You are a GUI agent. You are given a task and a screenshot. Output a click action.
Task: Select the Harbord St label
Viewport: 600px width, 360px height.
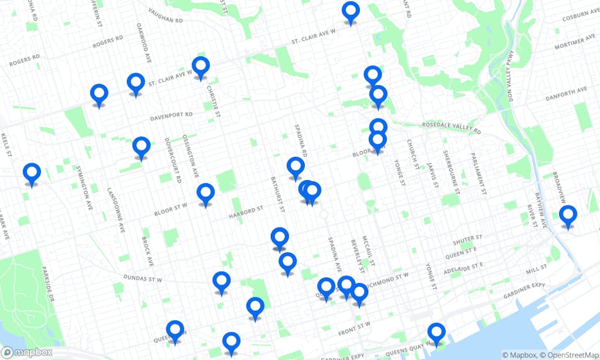(x=247, y=211)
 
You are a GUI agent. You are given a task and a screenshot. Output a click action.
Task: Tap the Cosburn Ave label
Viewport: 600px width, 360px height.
(x=580, y=15)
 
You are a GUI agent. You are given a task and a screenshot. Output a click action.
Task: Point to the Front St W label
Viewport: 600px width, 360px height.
(x=355, y=326)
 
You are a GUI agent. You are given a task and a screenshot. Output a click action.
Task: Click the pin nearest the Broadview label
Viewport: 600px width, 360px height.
(x=567, y=216)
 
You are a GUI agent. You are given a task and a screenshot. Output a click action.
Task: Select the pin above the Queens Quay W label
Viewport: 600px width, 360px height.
(x=436, y=333)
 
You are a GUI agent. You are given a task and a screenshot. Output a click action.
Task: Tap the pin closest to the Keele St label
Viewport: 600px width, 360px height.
(x=31, y=174)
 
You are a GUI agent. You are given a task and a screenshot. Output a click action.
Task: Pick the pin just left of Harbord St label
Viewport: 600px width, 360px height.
(x=206, y=193)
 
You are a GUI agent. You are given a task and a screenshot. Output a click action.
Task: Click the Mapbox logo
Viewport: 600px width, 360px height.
(x=27, y=352)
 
